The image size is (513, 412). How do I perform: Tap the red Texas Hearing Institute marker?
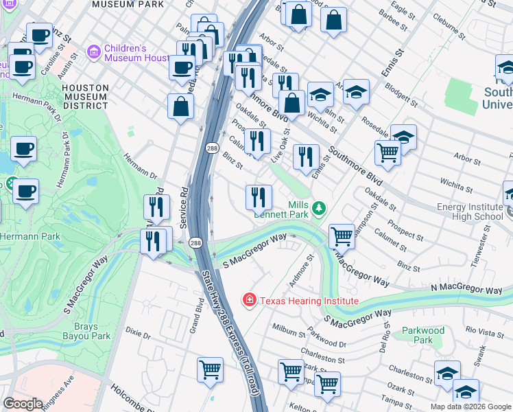(x=250, y=300)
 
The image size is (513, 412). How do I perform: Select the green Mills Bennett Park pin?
(x=318, y=207)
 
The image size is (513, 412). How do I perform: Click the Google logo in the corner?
(x=22, y=404)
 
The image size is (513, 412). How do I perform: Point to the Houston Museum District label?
(x=85, y=97)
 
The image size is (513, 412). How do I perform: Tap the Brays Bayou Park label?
(x=92, y=332)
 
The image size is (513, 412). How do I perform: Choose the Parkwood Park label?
(x=423, y=335)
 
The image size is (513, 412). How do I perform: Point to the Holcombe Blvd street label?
(x=133, y=393)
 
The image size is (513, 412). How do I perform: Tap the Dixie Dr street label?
(x=137, y=334)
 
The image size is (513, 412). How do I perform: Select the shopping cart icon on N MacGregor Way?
(x=341, y=236)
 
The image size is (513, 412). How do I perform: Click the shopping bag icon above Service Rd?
(x=180, y=106)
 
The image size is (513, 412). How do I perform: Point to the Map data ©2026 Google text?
(x=470, y=407)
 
